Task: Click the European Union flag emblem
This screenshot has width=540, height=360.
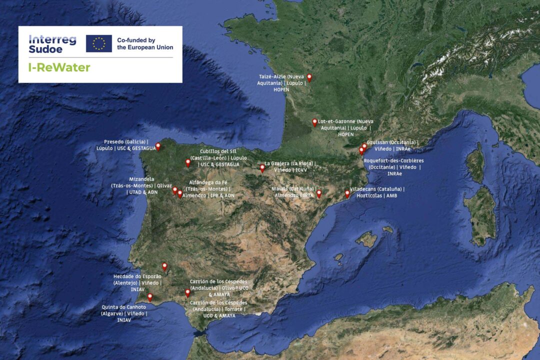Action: [98, 43]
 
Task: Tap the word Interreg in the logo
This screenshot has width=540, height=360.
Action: [52, 39]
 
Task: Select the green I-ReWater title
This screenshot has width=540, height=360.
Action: [59, 67]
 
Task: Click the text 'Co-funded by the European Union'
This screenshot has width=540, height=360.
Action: [145, 43]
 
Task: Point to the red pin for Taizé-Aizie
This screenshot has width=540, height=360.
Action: [309, 77]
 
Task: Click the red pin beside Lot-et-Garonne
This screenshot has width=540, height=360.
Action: [314, 122]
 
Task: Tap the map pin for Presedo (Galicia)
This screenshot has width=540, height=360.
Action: [158, 146]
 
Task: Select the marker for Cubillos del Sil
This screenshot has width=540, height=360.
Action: [188, 162]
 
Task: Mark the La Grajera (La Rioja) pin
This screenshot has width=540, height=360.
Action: [262, 168]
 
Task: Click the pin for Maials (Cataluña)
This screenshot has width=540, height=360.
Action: [319, 193]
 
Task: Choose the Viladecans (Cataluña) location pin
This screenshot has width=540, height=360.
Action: [347, 193]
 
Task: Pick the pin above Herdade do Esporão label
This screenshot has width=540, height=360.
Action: [164, 266]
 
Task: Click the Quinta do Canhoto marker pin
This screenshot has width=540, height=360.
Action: [150, 297]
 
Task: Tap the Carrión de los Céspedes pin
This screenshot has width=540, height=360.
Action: [187, 292]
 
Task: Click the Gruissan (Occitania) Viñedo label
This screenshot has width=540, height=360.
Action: [392, 145]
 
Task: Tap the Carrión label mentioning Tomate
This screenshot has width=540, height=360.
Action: [218, 309]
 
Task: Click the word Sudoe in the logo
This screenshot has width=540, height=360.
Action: [45, 49]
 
